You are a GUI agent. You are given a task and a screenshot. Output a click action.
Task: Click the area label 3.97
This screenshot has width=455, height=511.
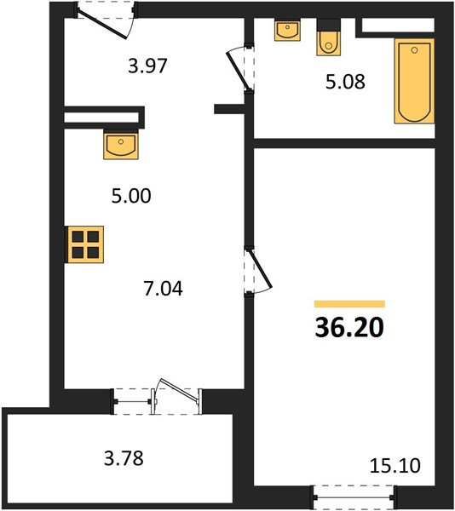tap(147, 66)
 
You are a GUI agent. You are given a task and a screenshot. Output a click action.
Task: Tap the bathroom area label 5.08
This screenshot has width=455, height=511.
tap(345, 82)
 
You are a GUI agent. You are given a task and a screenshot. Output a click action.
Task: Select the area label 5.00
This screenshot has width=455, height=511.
tap(131, 196)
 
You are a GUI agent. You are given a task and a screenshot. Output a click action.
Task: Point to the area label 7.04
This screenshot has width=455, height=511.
tap(163, 289)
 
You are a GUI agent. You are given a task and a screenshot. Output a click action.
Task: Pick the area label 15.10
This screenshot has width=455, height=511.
tap(395, 465)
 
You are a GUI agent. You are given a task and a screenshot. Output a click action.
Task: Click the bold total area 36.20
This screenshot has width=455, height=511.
tap(349, 328)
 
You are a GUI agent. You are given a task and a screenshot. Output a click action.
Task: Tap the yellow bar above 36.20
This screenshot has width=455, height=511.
tap(349, 304)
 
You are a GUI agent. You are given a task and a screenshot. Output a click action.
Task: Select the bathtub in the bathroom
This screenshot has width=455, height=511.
tap(414, 81)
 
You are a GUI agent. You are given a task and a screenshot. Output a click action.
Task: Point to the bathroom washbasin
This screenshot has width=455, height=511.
tap(287, 31)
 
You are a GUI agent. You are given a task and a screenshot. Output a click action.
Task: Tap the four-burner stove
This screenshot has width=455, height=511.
tap(85, 244)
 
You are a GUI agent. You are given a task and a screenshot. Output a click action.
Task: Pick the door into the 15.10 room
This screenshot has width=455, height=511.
tap(259, 269)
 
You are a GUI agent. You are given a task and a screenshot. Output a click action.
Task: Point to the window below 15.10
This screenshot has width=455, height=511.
tap(354, 497)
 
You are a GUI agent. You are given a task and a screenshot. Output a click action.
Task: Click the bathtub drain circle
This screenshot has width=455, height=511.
tap(414, 50)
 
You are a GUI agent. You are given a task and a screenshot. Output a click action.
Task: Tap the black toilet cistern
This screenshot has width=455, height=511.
tap(329, 25)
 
